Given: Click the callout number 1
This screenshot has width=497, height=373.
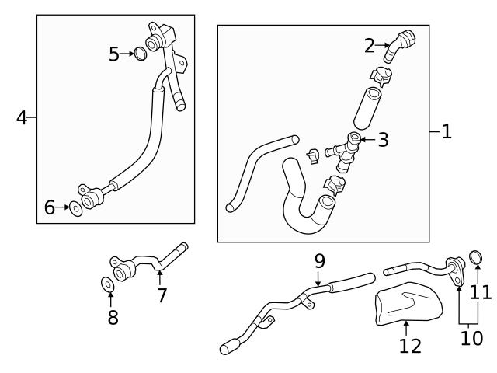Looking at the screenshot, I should pyautogui.click(x=446, y=132).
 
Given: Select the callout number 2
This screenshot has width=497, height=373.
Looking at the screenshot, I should pyautogui.click(x=369, y=46).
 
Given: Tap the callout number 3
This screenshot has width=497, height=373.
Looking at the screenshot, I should pyautogui.click(x=383, y=141).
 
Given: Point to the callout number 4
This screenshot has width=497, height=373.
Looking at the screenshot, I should pyautogui.click(x=22, y=118).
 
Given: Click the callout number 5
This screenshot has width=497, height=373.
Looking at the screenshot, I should pyautogui.click(x=114, y=54).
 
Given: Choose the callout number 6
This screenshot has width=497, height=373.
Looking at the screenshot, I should pyautogui.click(x=50, y=208).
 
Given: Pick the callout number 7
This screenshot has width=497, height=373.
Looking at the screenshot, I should pyautogui.click(x=162, y=295).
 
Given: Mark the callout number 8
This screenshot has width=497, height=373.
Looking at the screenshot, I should pyautogui.click(x=113, y=318).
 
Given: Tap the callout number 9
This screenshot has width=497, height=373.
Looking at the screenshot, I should pyautogui.click(x=319, y=262).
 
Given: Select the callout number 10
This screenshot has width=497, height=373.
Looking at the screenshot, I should pyautogui.click(x=471, y=338).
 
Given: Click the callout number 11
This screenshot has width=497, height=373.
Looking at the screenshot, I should pyautogui.click(x=481, y=292).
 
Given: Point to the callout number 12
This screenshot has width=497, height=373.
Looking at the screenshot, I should pyautogui.click(x=410, y=346).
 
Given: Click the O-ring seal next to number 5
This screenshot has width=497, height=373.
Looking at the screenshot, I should pyautogui.click(x=141, y=54).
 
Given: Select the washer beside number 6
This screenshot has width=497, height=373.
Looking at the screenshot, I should pyautogui.click(x=75, y=208).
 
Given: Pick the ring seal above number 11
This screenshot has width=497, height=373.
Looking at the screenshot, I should pyautogui.click(x=476, y=256).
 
